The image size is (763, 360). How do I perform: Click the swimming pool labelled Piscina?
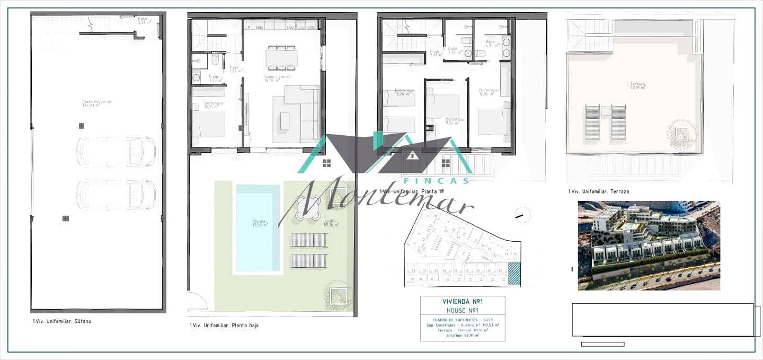point(258,227)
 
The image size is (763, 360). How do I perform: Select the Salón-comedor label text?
point(278,78)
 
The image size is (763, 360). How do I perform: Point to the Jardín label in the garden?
point(331,223)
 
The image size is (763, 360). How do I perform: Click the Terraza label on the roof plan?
point(637,86)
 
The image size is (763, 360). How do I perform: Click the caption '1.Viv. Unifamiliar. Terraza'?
point(598,191)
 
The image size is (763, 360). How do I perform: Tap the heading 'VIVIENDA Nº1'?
point(462,302)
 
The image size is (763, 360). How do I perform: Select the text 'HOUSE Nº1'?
point(462,310)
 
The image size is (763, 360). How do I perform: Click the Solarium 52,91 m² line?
point(463,335)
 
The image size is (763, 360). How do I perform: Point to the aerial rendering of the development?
point(649,245)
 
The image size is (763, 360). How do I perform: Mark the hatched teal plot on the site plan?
point(514,274)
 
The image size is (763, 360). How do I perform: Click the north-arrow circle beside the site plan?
point(522,214)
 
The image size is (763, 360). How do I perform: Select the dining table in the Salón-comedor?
point(281,57)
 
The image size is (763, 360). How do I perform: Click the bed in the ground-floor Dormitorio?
point(208,124)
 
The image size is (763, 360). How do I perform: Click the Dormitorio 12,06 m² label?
point(489,92)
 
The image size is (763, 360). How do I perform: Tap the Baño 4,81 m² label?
point(490,43)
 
